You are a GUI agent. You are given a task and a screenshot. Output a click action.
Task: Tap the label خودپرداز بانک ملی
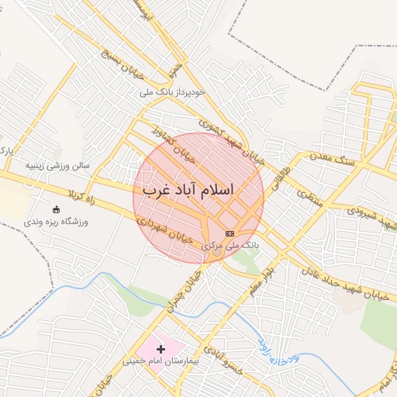173,92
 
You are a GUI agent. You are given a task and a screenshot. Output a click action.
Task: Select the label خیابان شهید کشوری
231,140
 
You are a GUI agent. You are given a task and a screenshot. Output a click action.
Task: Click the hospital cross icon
161,350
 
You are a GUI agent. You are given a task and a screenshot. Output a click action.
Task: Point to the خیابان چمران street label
185,288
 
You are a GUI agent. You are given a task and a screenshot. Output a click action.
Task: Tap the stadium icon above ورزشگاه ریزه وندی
55,210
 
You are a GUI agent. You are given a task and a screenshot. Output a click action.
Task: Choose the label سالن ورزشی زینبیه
58,165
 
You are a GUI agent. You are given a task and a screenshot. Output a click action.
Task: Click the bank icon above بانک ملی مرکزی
230,233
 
